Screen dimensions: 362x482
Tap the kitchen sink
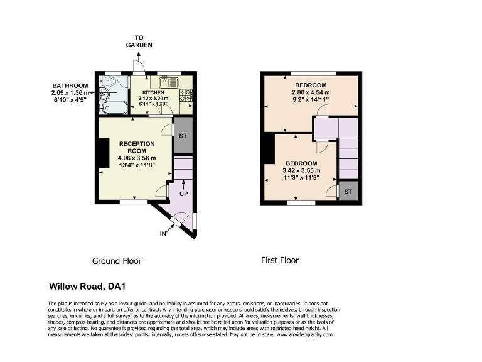[x=169, y=82]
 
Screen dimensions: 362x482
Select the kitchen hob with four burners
[x=186, y=95]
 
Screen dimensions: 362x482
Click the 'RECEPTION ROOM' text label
[x=136, y=147]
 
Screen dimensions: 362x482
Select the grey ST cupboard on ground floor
[x=182, y=136]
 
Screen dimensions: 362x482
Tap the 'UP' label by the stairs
[x=183, y=194]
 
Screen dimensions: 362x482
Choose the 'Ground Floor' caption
[x=117, y=261]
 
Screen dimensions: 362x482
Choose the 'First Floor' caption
[x=280, y=260]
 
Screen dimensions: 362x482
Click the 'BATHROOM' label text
[x=70, y=86]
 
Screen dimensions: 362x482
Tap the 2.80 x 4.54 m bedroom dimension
[x=310, y=92]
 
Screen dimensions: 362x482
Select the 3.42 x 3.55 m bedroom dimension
[x=302, y=170]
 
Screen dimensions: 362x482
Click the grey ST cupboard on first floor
[x=348, y=191]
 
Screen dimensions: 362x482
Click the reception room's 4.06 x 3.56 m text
[x=136, y=158]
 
